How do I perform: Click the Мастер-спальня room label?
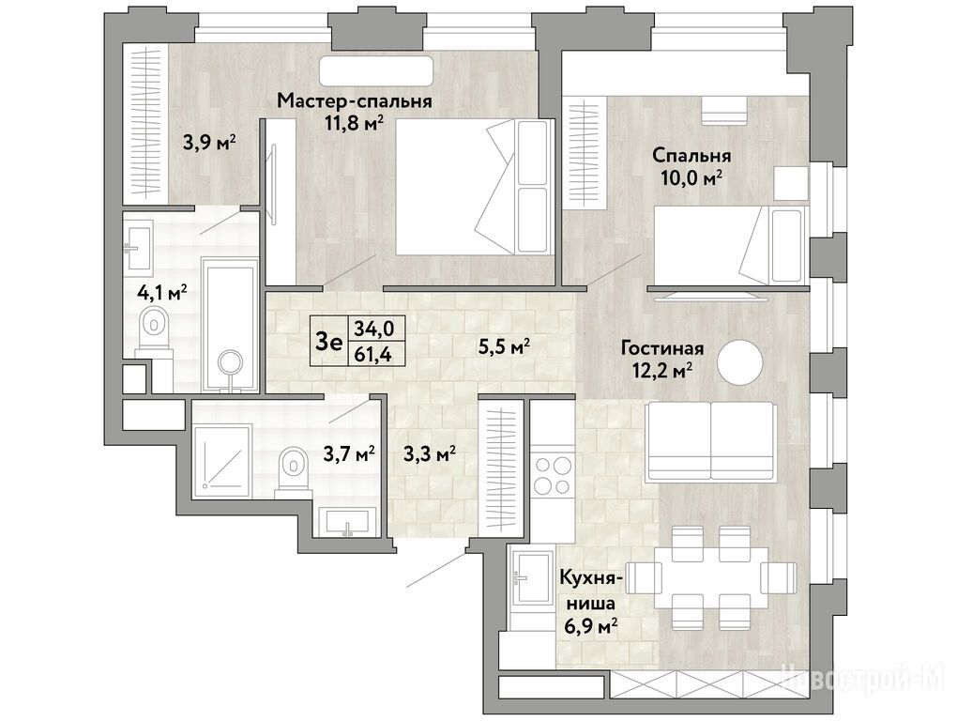click(x=355, y=100)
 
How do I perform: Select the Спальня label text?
click(x=691, y=156)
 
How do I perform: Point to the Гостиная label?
click(x=662, y=348)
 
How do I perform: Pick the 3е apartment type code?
click(x=328, y=342)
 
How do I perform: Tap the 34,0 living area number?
click(x=374, y=330)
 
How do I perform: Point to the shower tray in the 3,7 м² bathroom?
click(x=221, y=457)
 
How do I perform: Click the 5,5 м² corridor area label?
click(x=504, y=347)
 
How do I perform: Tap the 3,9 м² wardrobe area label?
click(x=208, y=144)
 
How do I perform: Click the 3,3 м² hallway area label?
click(x=430, y=454)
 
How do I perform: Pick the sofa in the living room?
click(x=712, y=441)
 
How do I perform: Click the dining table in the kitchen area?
click(x=711, y=578)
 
